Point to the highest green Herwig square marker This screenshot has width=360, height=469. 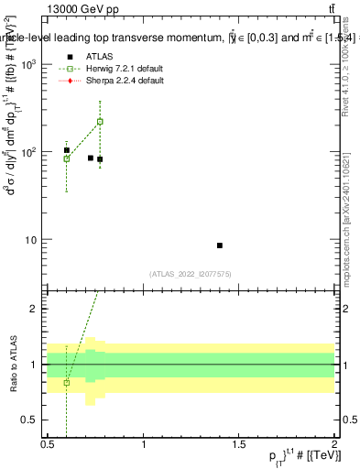tap(100, 121)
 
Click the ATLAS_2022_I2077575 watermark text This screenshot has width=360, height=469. tap(190, 273)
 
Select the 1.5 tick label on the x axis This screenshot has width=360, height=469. tap(239, 443)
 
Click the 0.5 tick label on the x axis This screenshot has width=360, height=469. tap(48, 443)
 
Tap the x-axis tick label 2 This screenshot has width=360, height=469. tap(334, 443)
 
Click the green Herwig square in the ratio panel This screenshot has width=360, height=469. tap(66, 382)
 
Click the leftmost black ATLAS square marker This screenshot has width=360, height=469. tap(67, 150)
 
